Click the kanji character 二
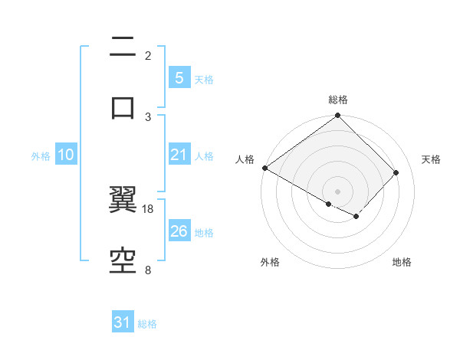tap(123, 47)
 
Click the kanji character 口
tap(123, 107)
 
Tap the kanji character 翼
tap(123, 200)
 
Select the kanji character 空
tap(123, 261)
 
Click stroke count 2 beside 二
tap(148, 55)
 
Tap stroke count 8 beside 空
tap(148, 270)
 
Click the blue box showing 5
tap(179, 77)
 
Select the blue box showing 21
tap(179, 155)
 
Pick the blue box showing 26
tap(179, 231)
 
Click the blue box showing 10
tap(66, 155)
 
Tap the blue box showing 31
tap(123, 322)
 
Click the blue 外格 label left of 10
tap(41, 155)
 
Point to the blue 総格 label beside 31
tap(147, 324)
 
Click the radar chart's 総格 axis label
tap(338, 100)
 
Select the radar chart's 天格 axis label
tap(431, 159)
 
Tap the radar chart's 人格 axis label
tap(245, 159)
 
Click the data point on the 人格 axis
tap(264, 168)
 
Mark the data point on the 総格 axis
tap(338, 116)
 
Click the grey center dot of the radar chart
tap(338, 191)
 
